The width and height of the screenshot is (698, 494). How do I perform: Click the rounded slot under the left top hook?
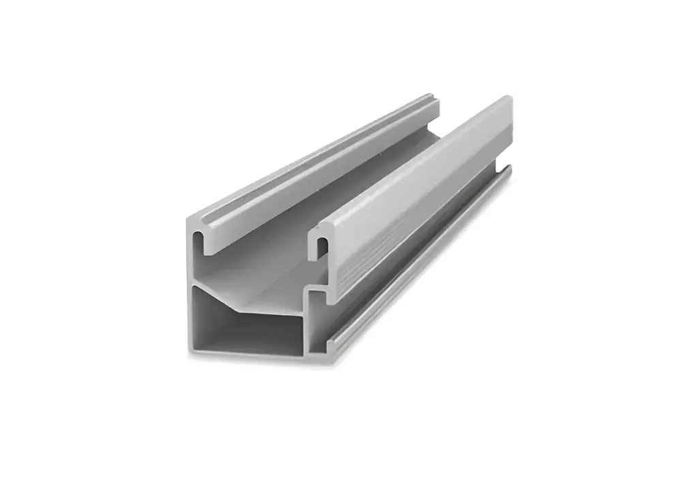198,243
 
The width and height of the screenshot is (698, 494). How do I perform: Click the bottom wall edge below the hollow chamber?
245,355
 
